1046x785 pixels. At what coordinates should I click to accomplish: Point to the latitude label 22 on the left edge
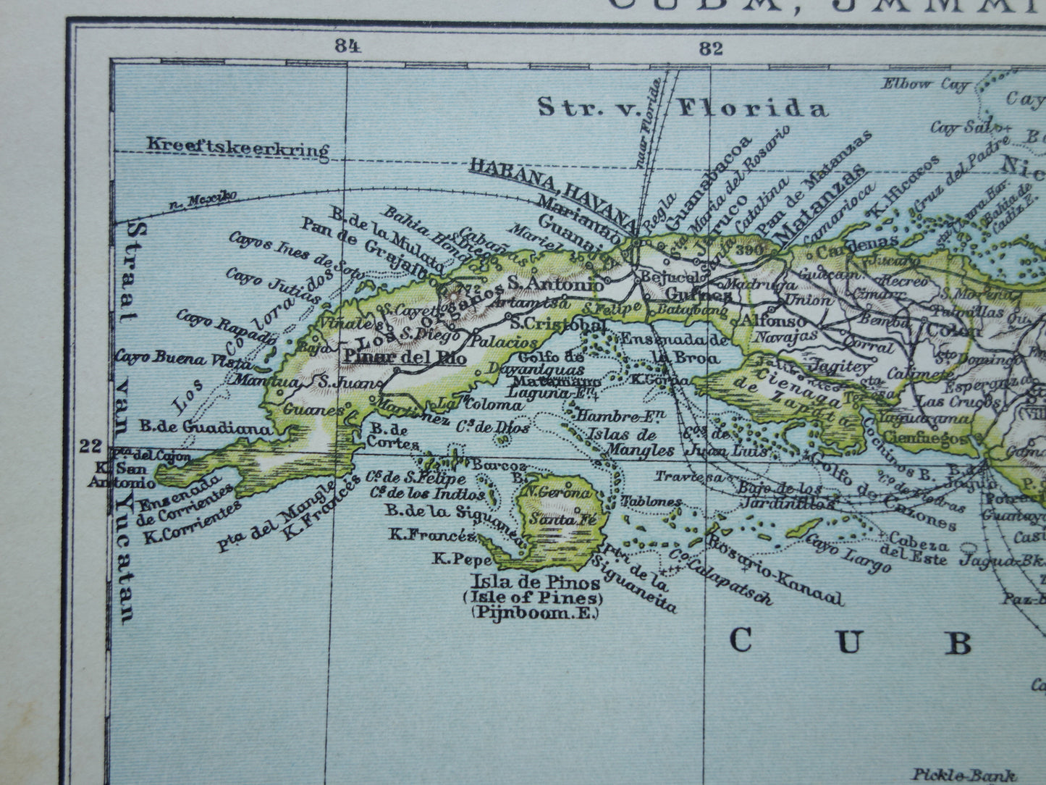[x=92, y=445]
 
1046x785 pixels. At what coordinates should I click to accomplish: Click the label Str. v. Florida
[x=682, y=108]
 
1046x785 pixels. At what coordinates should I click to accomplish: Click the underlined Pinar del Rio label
[x=405, y=356]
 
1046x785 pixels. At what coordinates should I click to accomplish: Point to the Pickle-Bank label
[x=964, y=774]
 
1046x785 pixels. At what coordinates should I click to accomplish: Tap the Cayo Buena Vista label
[x=185, y=359]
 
